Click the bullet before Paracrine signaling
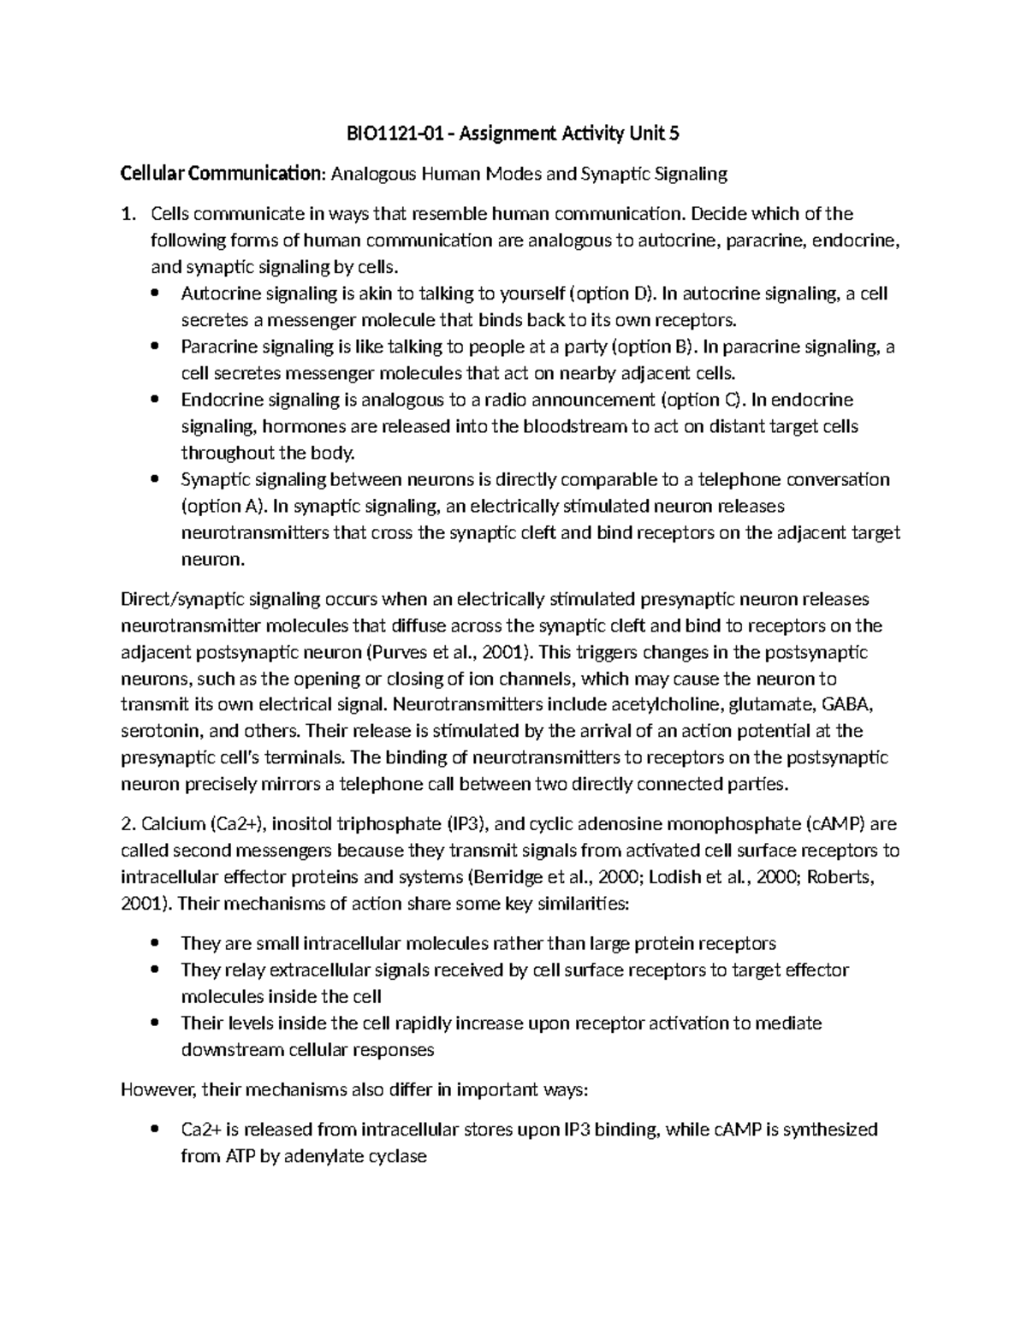(x=155, y=347)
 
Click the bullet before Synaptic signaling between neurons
(x=155, y=480)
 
